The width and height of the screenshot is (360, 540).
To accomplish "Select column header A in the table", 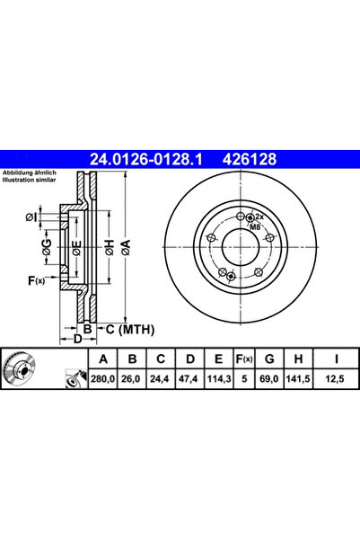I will pos(102,360).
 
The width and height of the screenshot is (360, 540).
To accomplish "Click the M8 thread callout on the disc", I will pos(256,226).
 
